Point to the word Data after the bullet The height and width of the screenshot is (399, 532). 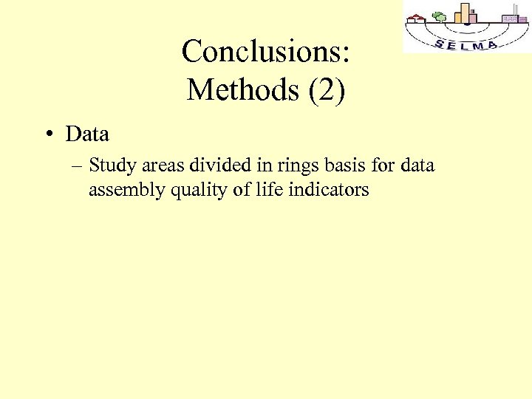click(87, 134)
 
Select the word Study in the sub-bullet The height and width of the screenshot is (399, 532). click(110, 166)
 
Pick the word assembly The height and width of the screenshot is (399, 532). click(126, 190)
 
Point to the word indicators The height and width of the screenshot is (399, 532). click(329, 189)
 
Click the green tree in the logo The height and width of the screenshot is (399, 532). click(439, 17)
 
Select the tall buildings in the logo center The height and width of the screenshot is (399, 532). click(467, 13)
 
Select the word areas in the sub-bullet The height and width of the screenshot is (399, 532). click(158, 166)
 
